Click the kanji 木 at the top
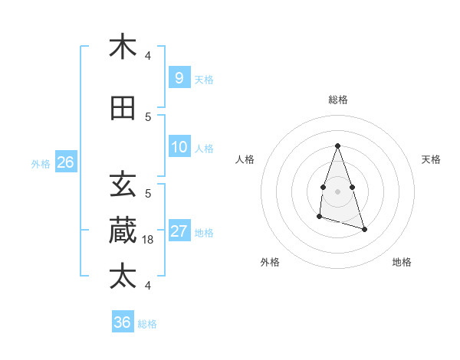click(x=123, y=47)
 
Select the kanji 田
click(x=123, y=109)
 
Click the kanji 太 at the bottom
click(x=123, y=275)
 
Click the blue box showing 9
click(x=179, y=77)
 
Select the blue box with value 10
click(x=179, y=147)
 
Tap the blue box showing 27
click(x=179, y=231)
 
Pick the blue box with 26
click(x=65, y=162)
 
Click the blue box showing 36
click(x=122, y=322)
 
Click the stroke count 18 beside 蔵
click(x=149, y=240)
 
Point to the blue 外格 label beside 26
click(x=41, y=163)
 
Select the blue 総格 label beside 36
click(x=147, y=324)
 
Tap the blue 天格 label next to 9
click(x=204, y=79)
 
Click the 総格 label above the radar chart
click(x=337, y=100)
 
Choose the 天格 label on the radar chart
click(x=431, y=159)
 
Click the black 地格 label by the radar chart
click(x=402, y=262)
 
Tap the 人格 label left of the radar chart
click(x=245, y=159)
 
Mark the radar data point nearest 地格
click(x=364, y=229)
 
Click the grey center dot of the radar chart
click(x=337, y=191)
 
